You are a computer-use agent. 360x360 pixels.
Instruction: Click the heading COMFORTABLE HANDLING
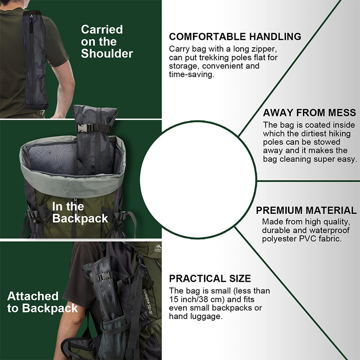[x=235, y=37]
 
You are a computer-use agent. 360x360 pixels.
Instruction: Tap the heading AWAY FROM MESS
[x=310, y=113]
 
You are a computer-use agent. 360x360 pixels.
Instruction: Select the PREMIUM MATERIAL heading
[x=306, y=210]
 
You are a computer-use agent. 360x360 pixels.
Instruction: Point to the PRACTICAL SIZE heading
[x=210, y=279]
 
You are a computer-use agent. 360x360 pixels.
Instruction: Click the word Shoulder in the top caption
[x=107, y=54]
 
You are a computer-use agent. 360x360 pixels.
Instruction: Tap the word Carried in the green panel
[x=102, y=30]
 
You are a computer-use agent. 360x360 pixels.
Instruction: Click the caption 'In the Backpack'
[x=80, y=212]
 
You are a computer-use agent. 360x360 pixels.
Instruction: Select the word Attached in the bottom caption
[x=33, y=296]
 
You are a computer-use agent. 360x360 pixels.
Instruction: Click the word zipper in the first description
[x=264, y=49]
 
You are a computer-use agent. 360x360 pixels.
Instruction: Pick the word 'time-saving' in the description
[x=192, y=74]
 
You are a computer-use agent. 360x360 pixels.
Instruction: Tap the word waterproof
[x=329, y=230]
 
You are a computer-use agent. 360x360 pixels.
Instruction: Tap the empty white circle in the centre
[x=198, y=180]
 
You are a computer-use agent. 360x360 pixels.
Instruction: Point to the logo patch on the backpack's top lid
[x=158, y=248]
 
